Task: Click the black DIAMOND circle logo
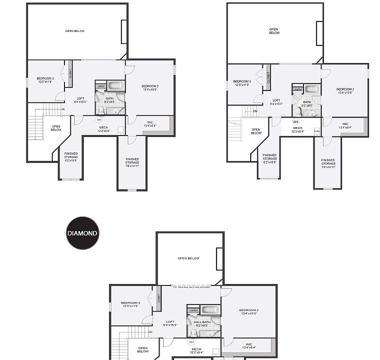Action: tap(82, 233)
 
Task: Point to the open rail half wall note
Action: tap(191, 287)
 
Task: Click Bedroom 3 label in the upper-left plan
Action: tap(45, 80)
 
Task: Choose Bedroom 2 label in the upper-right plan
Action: tap(345, 91)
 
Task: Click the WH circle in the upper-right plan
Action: tap(295, 121)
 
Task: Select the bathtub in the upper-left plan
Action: tap(116, 85)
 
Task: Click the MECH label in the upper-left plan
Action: tap(103, 129)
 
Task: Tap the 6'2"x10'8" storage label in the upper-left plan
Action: tap(70, 158)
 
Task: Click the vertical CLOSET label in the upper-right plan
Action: tap(268, 77)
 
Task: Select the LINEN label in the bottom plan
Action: tap(193, 310)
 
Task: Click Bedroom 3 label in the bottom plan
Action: tap(130, 304)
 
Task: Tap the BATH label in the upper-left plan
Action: tap(109, 99)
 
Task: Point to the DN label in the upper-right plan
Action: tap(255, 111)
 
